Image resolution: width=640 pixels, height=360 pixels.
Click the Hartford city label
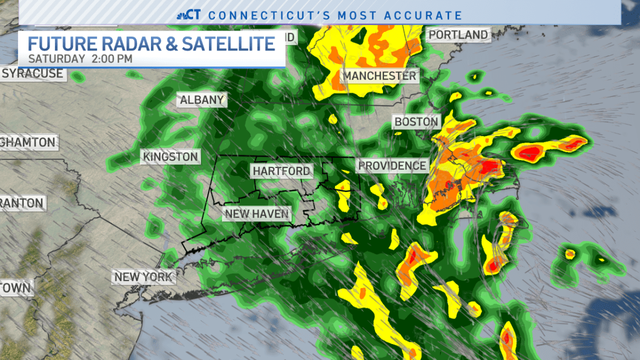281,171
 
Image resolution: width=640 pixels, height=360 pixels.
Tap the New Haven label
257,214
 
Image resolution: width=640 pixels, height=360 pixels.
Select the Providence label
392,166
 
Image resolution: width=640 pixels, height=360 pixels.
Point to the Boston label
416,122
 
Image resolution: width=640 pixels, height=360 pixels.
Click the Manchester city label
379,76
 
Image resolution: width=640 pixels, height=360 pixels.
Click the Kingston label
170,157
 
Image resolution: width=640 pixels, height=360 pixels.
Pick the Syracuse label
33,74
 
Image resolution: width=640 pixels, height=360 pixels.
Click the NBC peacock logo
183,14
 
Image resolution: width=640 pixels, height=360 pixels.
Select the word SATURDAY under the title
56,59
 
